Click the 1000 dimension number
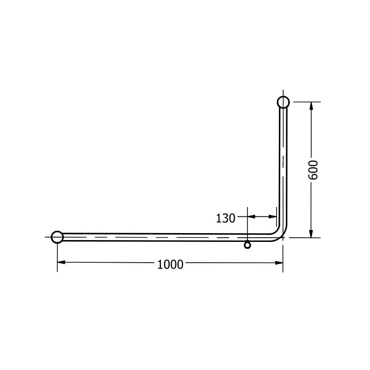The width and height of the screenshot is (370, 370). (170, 264)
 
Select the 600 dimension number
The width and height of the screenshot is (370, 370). (313, 170)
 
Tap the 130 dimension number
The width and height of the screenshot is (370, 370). (226, 218)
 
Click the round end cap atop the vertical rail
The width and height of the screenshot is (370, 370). (284, 102)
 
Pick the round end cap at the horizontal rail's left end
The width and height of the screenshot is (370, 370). (57, 237)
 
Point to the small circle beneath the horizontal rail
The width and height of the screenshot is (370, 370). (247, 245)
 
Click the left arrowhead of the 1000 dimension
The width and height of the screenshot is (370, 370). (61, 262)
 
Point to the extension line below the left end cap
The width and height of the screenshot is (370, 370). (57, 257)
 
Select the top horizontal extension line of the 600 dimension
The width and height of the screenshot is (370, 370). (305, 102)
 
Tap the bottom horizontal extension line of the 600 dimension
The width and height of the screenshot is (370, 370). (305, 237)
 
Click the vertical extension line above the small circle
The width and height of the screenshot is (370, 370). (248, 224)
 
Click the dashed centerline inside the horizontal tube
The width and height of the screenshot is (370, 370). (162, 238)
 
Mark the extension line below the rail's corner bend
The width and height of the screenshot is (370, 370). (283, 254)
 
